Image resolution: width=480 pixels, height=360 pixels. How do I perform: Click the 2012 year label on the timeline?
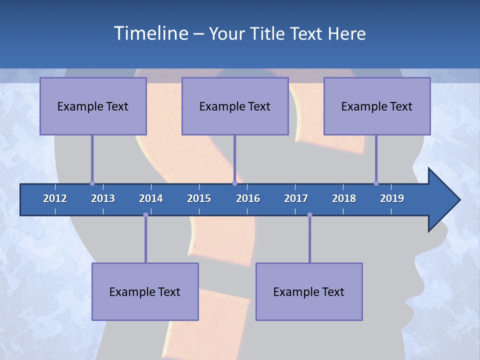pos(55,198)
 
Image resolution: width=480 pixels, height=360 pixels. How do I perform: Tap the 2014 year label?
pos(151,198)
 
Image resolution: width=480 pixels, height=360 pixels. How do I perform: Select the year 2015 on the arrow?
pos(199,198)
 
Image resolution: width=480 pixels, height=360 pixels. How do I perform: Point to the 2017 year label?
pos(296,198)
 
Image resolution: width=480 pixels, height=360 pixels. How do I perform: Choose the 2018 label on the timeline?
pos(344,198)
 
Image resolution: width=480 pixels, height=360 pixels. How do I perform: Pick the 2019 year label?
pos(392,198)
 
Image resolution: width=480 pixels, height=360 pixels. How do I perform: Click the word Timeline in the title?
pos(150,33)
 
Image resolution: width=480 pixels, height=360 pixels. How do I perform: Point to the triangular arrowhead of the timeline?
pos(442,200)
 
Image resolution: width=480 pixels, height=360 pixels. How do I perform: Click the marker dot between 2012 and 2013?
pos(92,183)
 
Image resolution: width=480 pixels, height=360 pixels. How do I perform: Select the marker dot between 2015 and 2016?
pos(234,183)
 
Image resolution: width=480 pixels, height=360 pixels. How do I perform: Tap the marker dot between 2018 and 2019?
pos(376,183)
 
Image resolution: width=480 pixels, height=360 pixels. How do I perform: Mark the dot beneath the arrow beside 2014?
pos(145,215)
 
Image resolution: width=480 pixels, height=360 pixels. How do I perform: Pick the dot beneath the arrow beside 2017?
pos(309,215)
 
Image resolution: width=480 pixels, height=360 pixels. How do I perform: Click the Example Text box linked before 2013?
pos(93,106)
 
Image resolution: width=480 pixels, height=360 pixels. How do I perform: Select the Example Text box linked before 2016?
pos(235,106)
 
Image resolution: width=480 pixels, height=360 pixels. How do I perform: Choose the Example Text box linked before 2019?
pos(377,106)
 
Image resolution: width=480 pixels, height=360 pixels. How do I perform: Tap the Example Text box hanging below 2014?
pos(145,291)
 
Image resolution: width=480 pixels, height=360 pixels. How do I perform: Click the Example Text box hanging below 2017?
pos(309,291)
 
